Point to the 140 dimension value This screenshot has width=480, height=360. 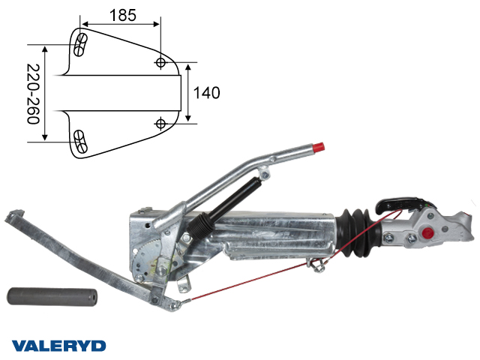[206, 93]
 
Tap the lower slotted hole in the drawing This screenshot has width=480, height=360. [81, 139]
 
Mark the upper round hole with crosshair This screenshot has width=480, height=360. [160, 63]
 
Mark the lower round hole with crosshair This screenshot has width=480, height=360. [160, 122]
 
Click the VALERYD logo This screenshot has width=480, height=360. [58, 345]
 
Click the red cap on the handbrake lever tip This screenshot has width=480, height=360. [319, 147]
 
